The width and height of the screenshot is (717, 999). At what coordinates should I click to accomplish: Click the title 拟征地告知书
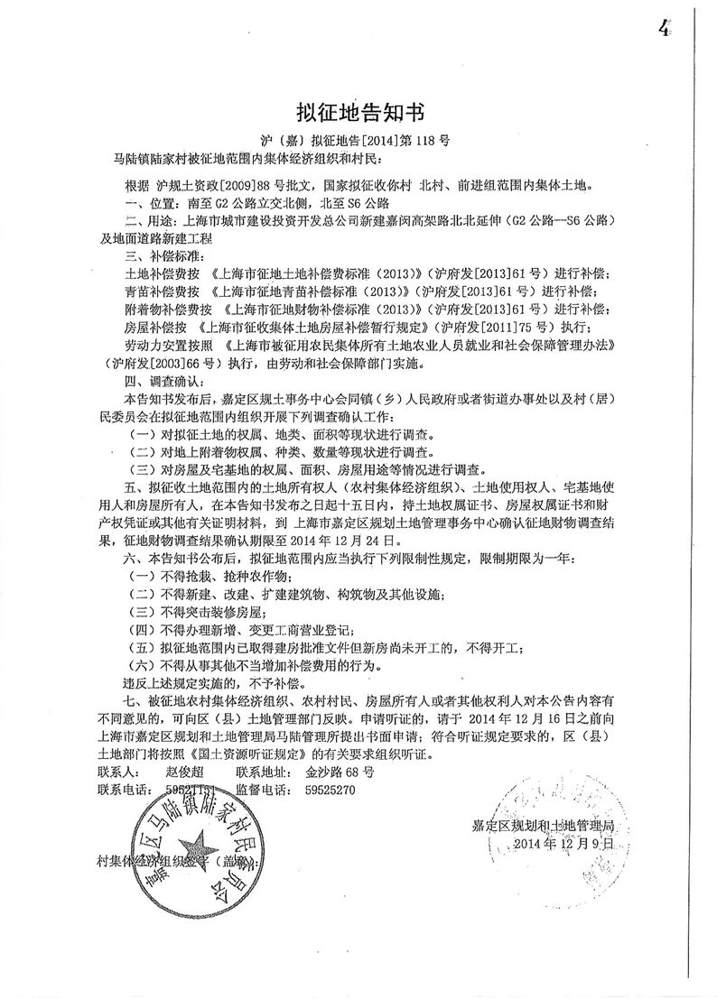click(358, 113)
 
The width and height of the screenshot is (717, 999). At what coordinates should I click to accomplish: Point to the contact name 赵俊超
click(186, 772)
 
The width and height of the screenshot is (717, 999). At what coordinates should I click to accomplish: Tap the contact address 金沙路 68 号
click(340, 772)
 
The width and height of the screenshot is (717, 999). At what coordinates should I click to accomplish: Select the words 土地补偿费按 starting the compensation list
click(161, 273)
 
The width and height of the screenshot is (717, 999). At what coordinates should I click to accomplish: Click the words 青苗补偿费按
click(161, 291)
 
